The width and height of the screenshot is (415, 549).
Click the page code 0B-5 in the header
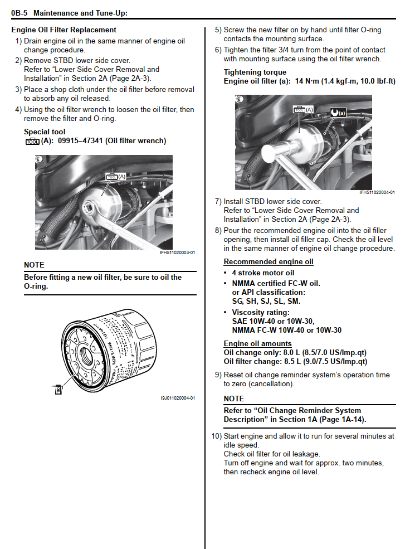click(x=19, y=12)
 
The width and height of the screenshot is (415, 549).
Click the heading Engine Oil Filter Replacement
click(x=64, y=30)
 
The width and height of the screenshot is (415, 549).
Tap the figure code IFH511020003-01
click(x=177, y=252)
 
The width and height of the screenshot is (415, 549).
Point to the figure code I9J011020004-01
click(x=177, y=398)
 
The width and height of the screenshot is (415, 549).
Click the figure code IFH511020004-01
click(x=377, y=192)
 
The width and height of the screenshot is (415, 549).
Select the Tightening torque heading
click(x=255, y=72)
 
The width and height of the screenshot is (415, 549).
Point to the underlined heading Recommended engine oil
click(x=268, y=261)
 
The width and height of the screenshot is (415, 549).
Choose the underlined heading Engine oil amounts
click(x=257, y=343)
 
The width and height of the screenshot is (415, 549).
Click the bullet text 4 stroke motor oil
click(x=263, y=273)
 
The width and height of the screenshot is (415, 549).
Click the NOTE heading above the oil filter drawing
click(x=34, y=265)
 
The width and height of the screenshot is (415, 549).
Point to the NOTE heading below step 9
click(x=234, y=399)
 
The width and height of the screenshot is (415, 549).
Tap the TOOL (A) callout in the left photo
click(x=116, y=177)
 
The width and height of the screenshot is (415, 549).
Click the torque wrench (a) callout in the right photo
click(x=338, y=113)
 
